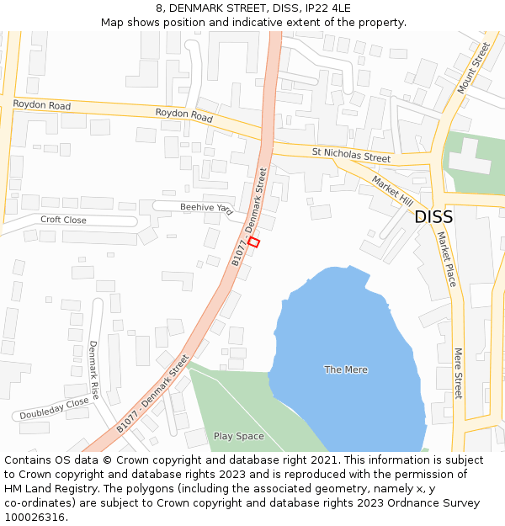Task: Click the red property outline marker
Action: coord(254,242)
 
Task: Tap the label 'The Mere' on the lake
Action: coord(346,369)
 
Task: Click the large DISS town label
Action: coord(433,217)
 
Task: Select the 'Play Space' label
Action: coord(238,436)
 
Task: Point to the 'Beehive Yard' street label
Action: coord(205,206)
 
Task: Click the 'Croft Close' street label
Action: coord(63,220)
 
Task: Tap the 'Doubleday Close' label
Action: coord(55,408)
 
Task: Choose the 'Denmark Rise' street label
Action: coord(93,369)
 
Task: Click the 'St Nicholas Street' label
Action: coord(351,156)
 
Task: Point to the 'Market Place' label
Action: coord(446,259)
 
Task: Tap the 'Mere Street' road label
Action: coord(459,373)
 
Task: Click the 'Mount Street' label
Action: coord(473,68)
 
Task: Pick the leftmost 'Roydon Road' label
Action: coord(42,105)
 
